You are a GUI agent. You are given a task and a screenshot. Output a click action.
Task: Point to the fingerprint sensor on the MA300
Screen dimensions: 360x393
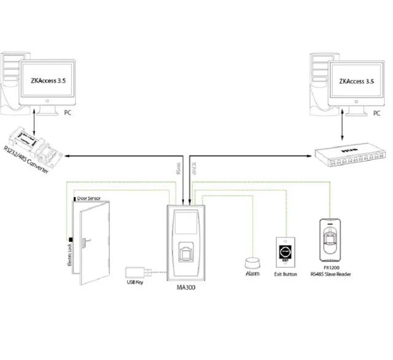coord(186,252)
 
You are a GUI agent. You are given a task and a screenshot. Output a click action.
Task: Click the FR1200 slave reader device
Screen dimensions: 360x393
coord(330,240)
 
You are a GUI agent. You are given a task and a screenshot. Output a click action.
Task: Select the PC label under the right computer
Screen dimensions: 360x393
coord(375,114)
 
